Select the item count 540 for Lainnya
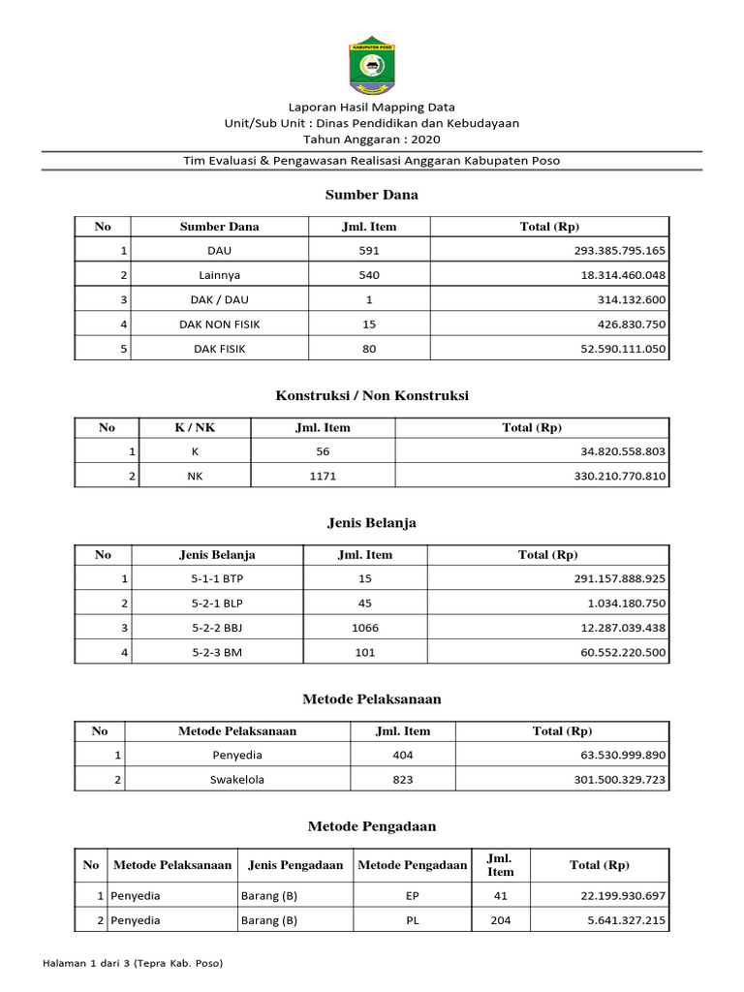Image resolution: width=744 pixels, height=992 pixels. [x=368, y=275]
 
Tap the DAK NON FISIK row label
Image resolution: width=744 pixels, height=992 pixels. [x=220, y=324]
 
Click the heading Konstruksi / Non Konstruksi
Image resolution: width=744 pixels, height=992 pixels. [x=372, y=396]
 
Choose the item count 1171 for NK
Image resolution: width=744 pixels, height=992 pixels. [x=323, y=477]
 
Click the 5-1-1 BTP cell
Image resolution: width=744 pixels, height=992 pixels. [x=218, y=579]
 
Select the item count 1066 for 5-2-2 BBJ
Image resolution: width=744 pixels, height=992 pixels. [x=365, y=628]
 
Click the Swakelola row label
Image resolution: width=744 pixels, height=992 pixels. [x=237, y=779]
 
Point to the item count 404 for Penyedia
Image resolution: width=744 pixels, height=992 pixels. [x=402, y=755]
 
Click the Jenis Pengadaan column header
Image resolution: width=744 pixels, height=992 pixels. [x=295, y=865]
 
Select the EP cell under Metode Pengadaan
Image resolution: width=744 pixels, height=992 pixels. [x=413, y=896]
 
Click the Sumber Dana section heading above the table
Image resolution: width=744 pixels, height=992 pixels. [x=372, y=195]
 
